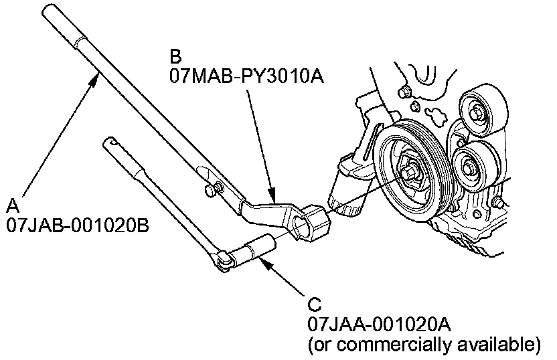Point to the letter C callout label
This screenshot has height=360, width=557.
click(x=315, y=306)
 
